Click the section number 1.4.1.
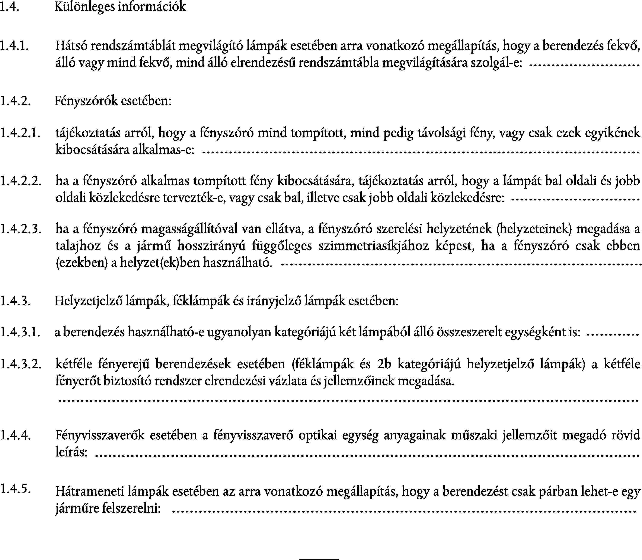pyautogui.click(x=15, y=46)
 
